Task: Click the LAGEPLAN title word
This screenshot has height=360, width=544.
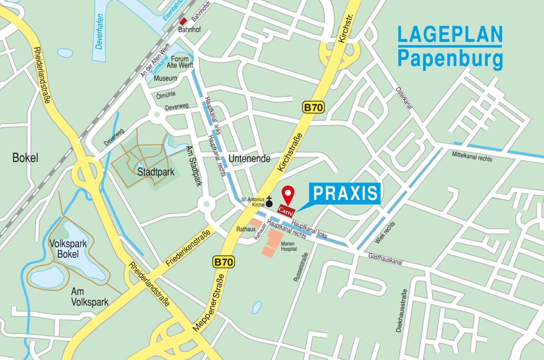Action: (450, 34)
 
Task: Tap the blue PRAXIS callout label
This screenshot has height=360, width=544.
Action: (345, 193)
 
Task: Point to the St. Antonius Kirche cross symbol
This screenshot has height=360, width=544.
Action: (269, 202)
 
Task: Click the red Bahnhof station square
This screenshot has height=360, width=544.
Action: (183, 21)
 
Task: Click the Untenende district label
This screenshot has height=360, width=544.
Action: (249, 159)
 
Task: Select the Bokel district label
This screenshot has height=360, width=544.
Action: (25, 158)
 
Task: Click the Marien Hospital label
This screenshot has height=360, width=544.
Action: (288, 246)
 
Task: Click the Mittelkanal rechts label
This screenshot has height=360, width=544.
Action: (471, 156)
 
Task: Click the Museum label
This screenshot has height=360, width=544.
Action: (165, 78)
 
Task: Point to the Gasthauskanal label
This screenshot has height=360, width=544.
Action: (385, 260)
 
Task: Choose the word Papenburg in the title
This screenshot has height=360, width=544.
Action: (450, 59)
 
